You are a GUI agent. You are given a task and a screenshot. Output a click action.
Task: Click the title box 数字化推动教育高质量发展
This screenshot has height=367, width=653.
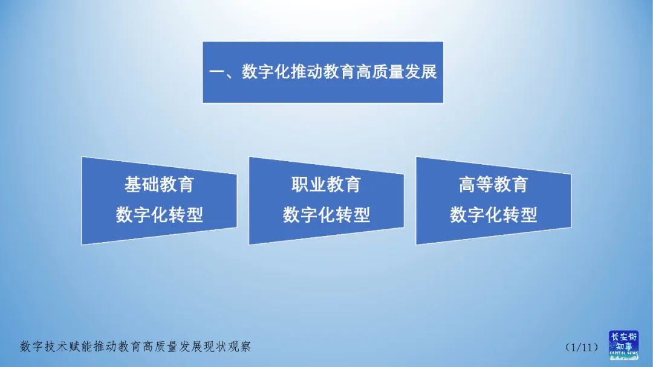(x=323, y=72)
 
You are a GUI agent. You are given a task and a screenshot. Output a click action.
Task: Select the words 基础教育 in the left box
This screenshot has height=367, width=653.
(x=159, y=185)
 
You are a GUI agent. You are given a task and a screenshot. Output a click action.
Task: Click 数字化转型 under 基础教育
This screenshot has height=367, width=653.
(x=159, y=215)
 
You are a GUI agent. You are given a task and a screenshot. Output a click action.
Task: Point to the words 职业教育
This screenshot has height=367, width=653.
(x=326, y=185)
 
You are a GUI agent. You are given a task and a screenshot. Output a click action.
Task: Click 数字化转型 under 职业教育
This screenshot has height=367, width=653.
(x=326, y=215)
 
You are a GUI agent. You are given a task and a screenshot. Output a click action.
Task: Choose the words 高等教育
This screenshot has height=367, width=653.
(x=493, y=185)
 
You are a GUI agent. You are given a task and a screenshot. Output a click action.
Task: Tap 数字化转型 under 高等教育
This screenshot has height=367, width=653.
(x=493, y=215)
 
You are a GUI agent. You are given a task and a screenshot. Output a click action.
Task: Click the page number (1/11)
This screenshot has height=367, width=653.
(x=581, y=347)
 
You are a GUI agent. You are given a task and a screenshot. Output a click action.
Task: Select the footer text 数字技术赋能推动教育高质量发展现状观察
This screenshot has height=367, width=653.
(x=135, y=346)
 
